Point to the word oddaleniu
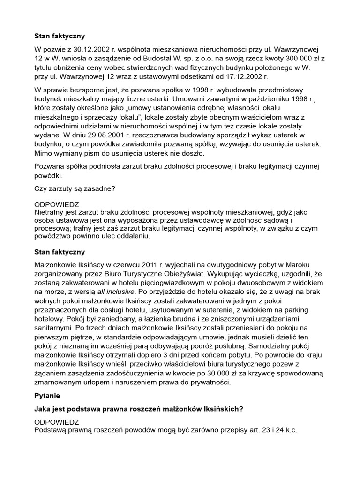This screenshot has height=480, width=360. coord(132,237)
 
